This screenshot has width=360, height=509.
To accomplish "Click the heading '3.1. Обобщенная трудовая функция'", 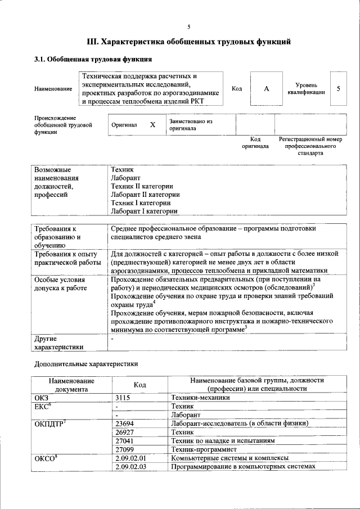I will coord(93,59).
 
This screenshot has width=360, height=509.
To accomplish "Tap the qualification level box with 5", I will coord(338,89).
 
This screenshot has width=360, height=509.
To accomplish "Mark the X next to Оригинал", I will coord(152,125).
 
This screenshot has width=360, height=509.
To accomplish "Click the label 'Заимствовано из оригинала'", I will coord(191,125).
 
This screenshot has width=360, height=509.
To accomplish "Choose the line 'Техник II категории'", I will coord(142,186).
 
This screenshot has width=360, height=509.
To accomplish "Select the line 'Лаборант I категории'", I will coord(145,211).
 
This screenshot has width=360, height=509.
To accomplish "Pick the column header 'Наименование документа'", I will coord(71,384).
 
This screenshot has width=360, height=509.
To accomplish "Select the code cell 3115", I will coord(123,397).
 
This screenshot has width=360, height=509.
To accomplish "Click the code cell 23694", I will coord(124,424).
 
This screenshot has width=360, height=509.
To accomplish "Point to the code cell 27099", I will coord(124,449).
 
